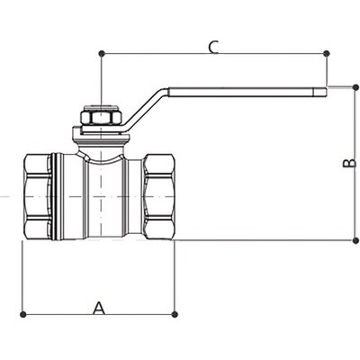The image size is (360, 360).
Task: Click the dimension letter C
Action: point(213,48)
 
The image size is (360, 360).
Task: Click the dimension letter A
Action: point(99,308)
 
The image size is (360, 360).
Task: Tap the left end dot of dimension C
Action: point(102,54)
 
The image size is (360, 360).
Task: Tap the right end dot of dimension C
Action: point(327,54)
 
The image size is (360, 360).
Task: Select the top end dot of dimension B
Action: point(355,87)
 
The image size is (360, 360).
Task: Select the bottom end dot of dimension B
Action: point(355,240)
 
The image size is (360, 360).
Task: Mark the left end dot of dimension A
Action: point(22,314)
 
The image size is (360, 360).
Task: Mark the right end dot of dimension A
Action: point(175,314)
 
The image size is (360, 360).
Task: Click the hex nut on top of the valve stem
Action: point(101,116)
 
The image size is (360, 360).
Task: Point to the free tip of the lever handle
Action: point(326,92)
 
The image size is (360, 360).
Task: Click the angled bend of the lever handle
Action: point(147,109)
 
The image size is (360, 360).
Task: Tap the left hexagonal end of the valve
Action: point(38,196)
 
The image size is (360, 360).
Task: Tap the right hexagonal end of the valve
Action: point(159,196)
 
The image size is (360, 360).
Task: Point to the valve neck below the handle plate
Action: point(101,149)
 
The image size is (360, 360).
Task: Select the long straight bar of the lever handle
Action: point(247,92)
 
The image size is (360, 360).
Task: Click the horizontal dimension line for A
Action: point(99,314)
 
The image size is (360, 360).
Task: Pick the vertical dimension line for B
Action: point(355,164)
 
